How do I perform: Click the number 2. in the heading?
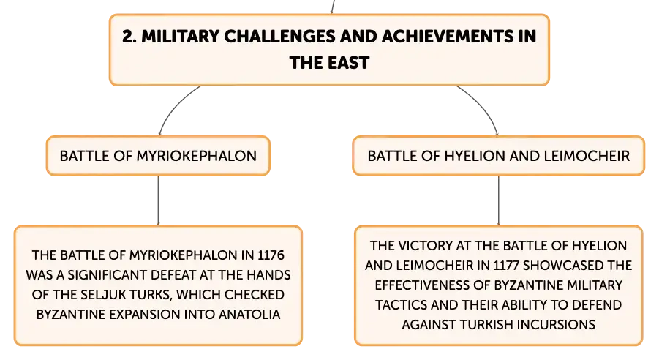coord(129,37)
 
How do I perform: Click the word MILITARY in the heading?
coord(181,37)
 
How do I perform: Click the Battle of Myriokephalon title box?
coord(158,156)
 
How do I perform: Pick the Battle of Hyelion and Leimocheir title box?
coord(498,156)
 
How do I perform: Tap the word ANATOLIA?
coord(249,315)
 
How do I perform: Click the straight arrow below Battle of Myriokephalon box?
coord(158,200)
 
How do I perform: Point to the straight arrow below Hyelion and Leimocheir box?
coord(498,200)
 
